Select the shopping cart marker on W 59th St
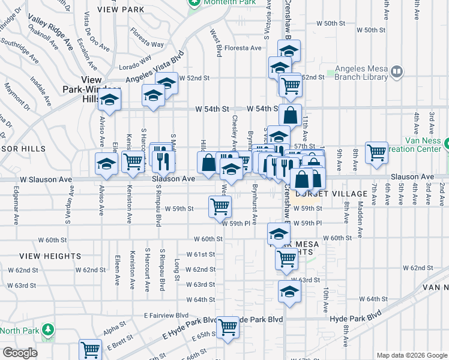click(x=220, y=206)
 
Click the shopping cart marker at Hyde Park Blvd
click(x=228, y=327)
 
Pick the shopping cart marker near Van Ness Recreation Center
click(x=376, y=152)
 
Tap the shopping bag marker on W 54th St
click(x=290, y=115)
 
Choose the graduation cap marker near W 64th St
click(x=289, y=292)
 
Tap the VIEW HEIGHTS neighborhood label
click(x=41, y=256)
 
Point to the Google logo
click(x=20, y=353)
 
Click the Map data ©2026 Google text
click(x=411, y=355)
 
